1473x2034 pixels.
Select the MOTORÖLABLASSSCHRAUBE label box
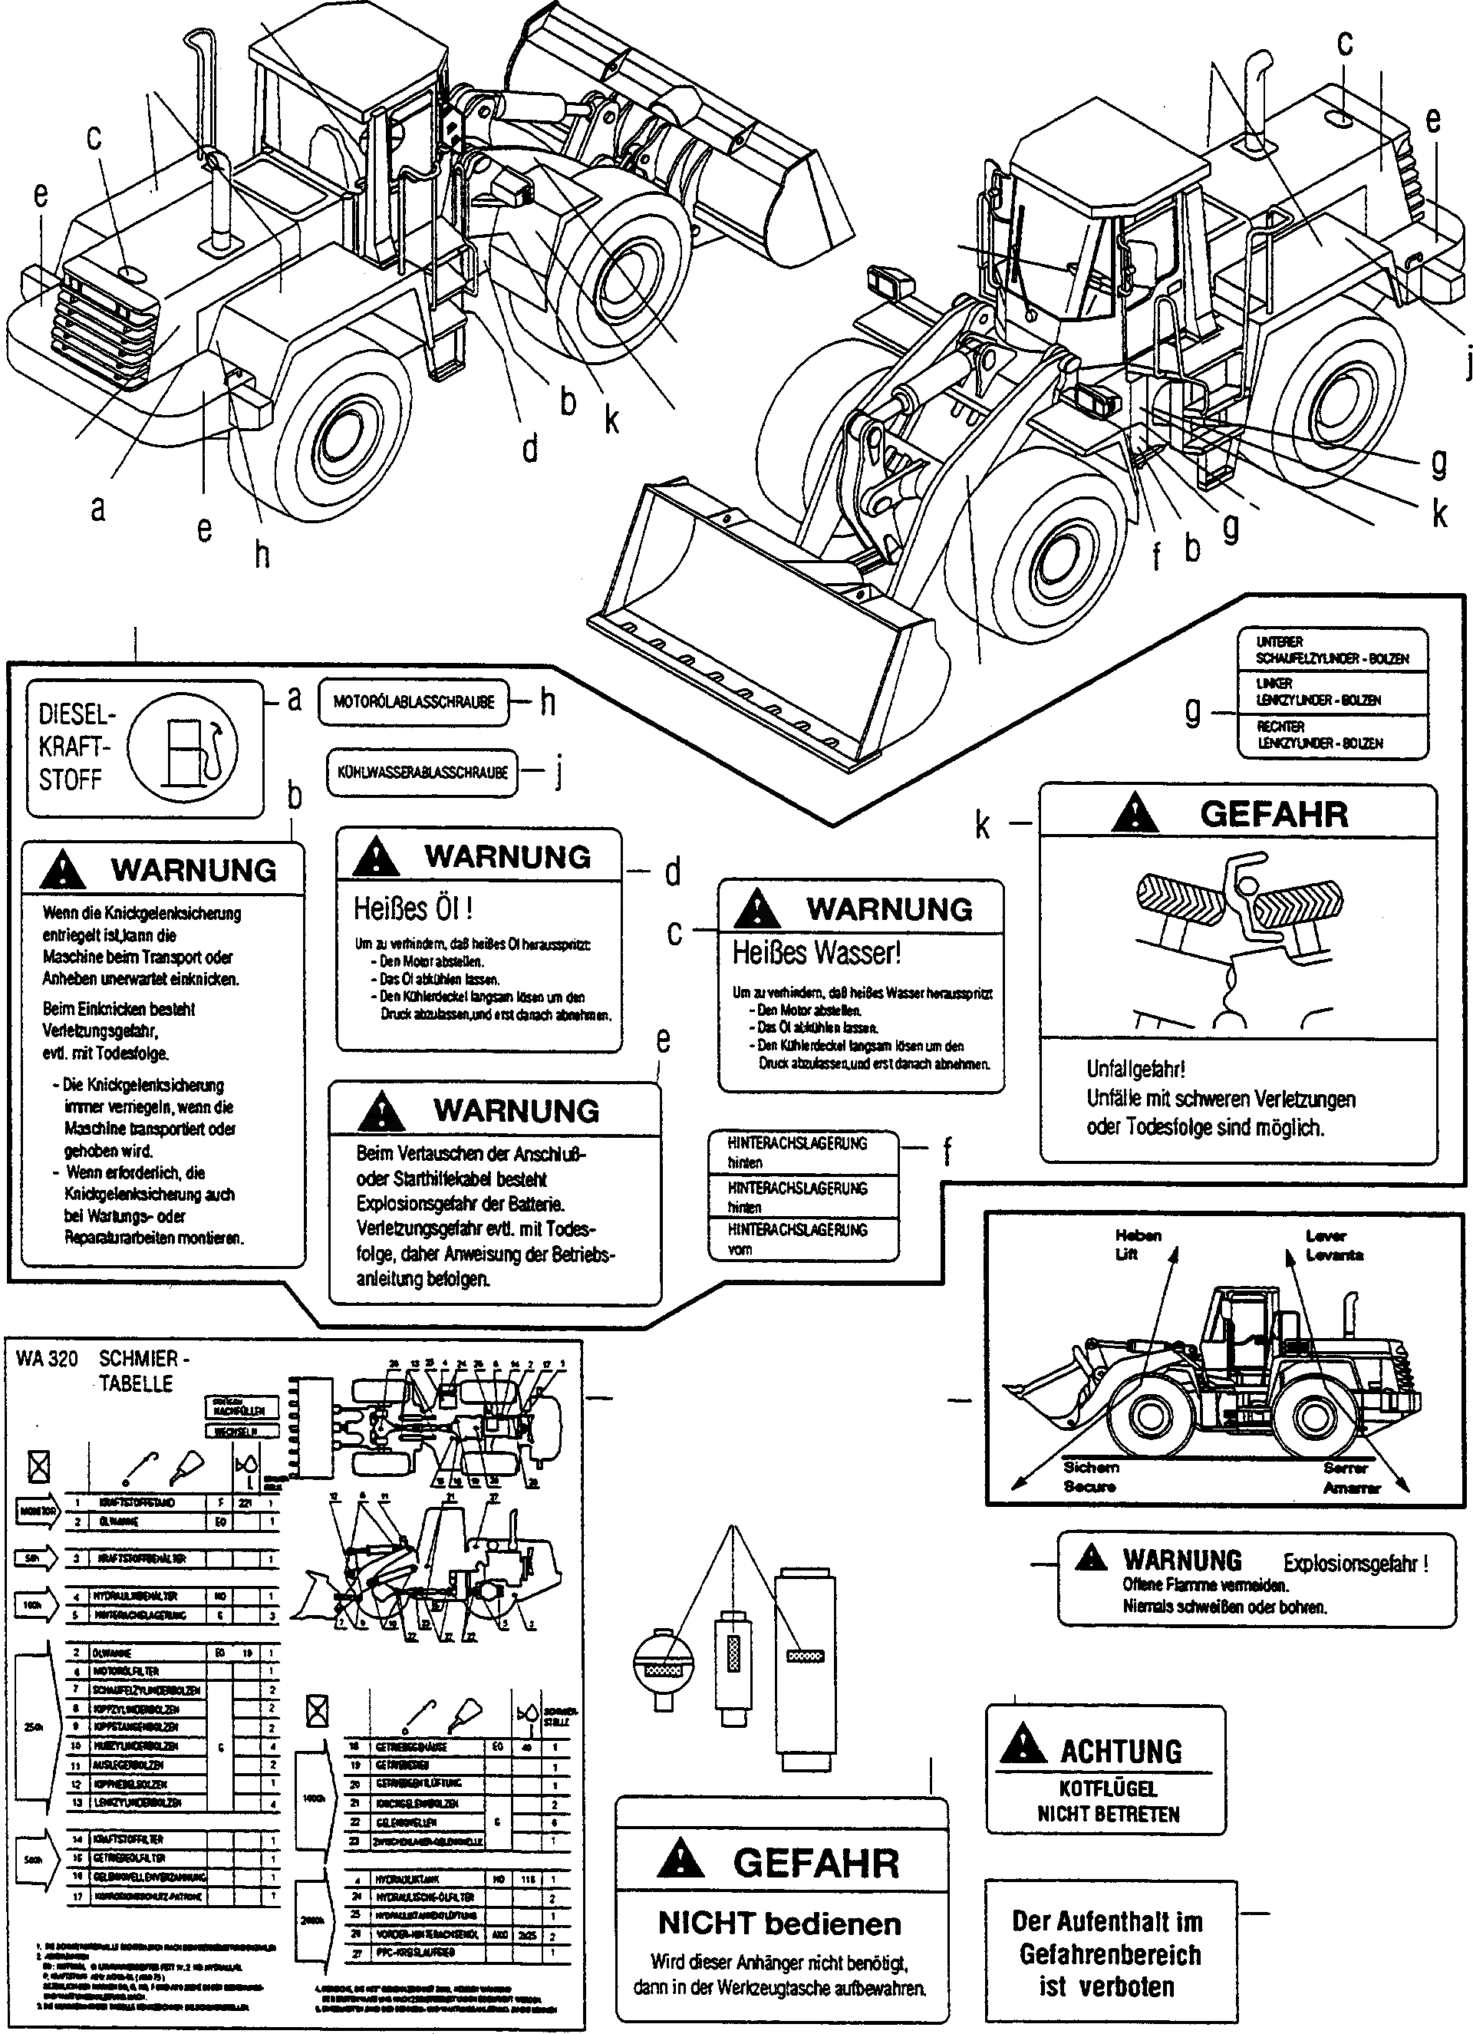[x=413, y=702]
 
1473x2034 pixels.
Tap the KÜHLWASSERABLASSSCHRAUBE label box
[x=422, y=772]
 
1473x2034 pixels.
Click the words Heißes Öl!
[x=414, y=908]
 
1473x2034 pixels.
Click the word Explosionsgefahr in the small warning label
[x=1354, y=1564]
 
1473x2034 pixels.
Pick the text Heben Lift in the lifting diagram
[x=1138, y=1244]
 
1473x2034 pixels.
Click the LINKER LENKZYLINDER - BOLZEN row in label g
[x=1318, y=692]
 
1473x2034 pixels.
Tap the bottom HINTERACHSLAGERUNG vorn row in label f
[x=798, y=1238]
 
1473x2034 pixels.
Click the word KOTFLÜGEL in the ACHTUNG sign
[x=1108, y=1788]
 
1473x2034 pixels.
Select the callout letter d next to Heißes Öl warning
[x=672, y=872]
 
